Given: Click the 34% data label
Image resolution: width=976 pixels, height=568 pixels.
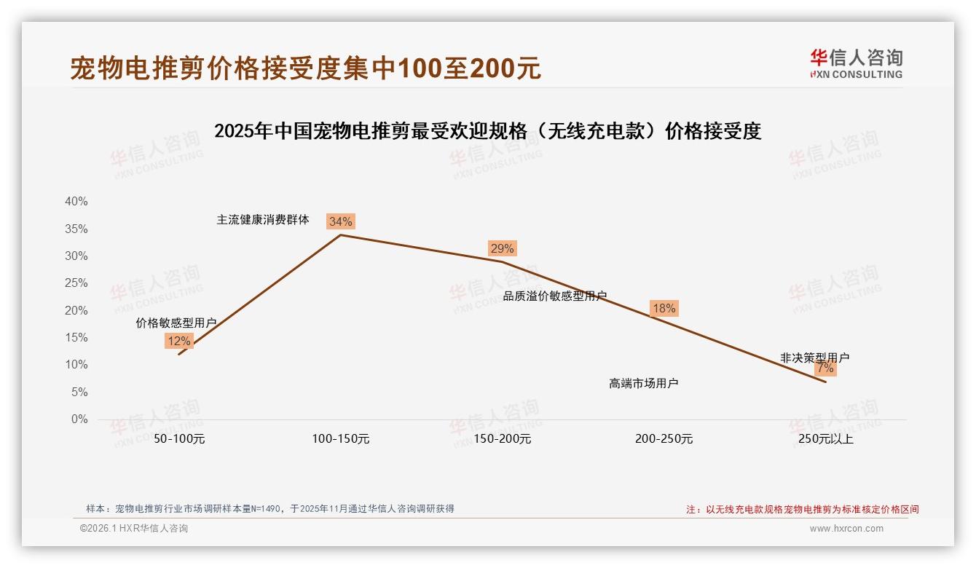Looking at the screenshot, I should click(x=340, y=221).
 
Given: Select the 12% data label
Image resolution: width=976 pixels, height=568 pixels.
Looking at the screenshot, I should click(x=179, y=341).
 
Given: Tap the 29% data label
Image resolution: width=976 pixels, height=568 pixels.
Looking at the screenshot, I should click(x=502, y=248).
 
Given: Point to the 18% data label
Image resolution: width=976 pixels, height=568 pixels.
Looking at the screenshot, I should click(x=664, y=308).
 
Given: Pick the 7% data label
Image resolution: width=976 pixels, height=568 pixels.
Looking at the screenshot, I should click(x=825, y=368).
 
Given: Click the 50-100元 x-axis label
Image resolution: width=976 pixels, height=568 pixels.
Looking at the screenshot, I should click(x=179, y=439).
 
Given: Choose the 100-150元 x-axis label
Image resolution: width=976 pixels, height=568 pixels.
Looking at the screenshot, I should click(x=341, y=439).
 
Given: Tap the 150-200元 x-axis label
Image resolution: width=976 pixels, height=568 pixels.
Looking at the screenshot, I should click(x=503, y=439).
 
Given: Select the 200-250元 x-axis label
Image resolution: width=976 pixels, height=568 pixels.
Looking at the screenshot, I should click(x=664, y=439).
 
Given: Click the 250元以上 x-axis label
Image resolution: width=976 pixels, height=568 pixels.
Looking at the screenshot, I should click(x=825, y=439).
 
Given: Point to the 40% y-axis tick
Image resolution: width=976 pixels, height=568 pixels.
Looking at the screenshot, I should click(x=76, y=202).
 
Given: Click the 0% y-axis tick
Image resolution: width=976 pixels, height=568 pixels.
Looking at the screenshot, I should click(x=79, y=419).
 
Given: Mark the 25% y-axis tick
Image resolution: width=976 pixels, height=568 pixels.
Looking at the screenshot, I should click(x=76, y=283).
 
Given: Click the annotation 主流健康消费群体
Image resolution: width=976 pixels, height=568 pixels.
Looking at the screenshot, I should click(x=263, y=219).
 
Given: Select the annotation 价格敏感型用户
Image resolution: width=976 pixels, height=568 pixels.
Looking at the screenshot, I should click(x=176, y=323).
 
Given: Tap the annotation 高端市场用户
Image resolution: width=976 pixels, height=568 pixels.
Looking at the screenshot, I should click(x=644, y=383).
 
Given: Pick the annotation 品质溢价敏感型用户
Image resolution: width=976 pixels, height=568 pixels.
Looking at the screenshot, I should click(x=555, y=296).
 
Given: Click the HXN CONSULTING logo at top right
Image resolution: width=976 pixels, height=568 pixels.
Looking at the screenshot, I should click(x=856, y=64).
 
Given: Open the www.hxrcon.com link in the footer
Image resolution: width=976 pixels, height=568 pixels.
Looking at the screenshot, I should click(x=846, y=529).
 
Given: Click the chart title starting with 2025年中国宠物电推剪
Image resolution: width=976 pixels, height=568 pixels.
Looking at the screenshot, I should click(x=487, y=131).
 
